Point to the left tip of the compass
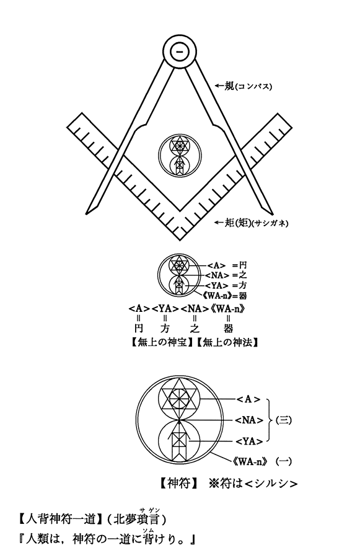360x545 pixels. (87, 214)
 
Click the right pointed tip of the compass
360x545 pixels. (272, 213)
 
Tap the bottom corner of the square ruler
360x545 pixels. (180, 240)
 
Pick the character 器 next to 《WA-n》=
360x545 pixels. (242, 296)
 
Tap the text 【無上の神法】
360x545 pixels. (226, 343)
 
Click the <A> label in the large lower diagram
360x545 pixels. (248, 400)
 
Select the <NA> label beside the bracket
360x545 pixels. (249, 420)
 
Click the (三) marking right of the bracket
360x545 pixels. (283, 420)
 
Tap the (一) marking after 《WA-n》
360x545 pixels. (283, 461)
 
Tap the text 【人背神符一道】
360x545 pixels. (59, 520)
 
